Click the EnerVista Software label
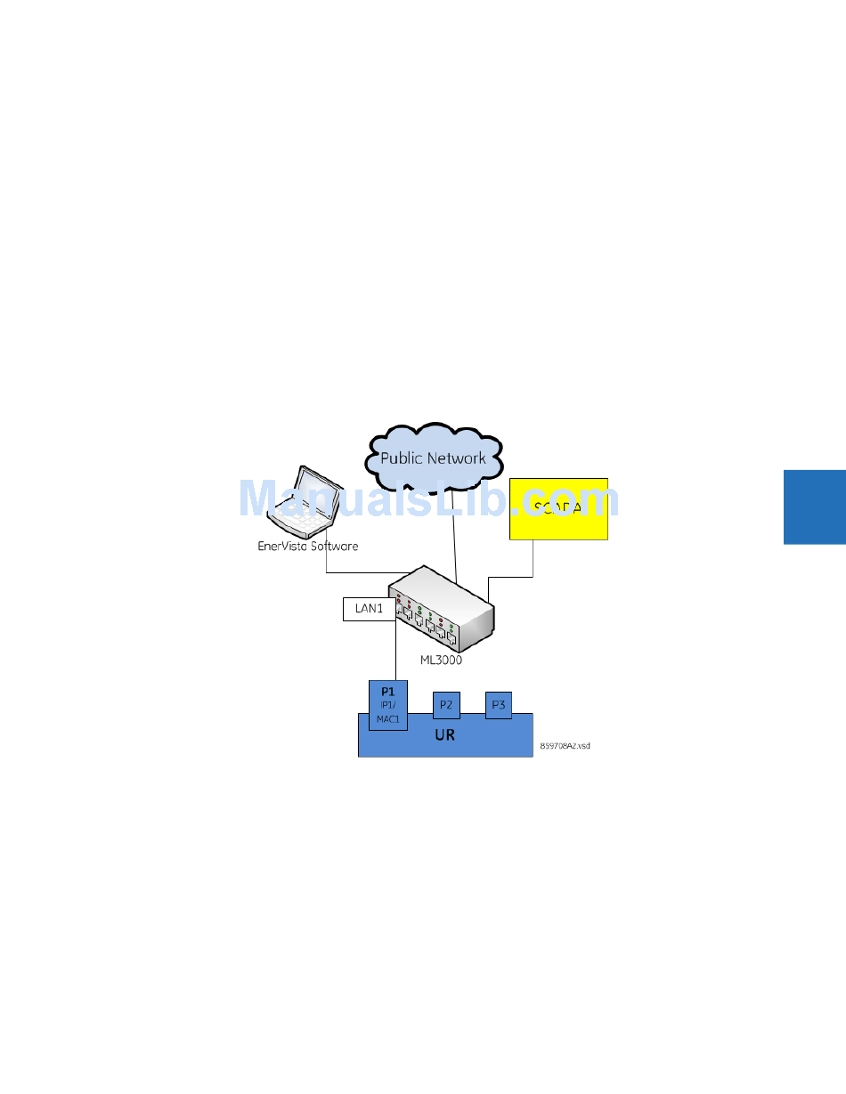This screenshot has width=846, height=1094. pyautogui.click(x=307, y=546)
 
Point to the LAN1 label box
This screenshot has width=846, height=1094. pyautogui.click(x=369, y=609)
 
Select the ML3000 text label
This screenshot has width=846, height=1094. pyautogui.click(x=442, y=660)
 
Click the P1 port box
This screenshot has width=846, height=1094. pyautogui.click(x=387, y=705)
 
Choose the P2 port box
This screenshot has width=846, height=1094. pyautogui.click(x=446, y=705)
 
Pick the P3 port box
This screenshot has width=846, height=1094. pyautogui.click(x=499, y=705)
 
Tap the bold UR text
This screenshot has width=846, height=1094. pyautogui.click(x=444, y=735)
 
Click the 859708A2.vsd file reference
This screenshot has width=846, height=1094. pyautogui.click(x=565, y=746)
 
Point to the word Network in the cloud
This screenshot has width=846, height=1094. pyautogui.click(x=455, y=458)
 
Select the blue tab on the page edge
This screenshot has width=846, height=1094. pyautogui.click(x=814, y=507)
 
